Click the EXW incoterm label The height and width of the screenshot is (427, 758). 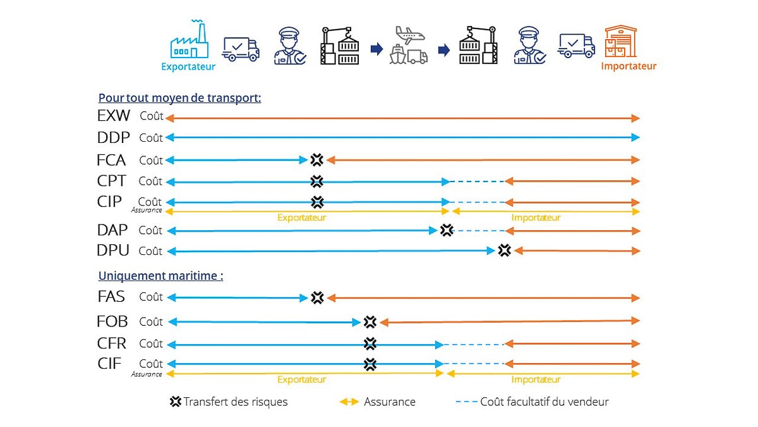(x=114, y=116)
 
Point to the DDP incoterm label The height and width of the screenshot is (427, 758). (x=114, y=137)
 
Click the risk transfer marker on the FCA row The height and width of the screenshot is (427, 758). (x=317, y=160)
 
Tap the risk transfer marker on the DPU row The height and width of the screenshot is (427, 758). (x=504, y=251)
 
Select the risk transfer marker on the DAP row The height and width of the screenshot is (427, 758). (x=447, y=230)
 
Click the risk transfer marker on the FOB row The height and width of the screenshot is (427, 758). (x=370, y=322)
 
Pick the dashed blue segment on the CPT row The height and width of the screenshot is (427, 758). (x=477, y=182)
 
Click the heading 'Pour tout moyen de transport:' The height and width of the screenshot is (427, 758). (x=180, y=98)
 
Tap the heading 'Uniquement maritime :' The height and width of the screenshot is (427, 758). (x=160, y=276)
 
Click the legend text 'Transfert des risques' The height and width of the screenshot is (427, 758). (x=235, y=402)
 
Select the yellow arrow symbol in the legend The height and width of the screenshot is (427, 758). (x=349, y=402)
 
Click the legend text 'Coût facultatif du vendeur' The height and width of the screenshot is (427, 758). (x=544, y=402)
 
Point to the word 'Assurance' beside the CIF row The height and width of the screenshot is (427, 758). (x=147, y=374)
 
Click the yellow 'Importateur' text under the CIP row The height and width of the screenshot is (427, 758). (x=536, y=218)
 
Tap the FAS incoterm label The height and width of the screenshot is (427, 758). (x=112, y=297)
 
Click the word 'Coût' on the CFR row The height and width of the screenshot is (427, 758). (x=151, y=343)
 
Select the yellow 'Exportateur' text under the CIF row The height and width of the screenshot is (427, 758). (x=301, y=380)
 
